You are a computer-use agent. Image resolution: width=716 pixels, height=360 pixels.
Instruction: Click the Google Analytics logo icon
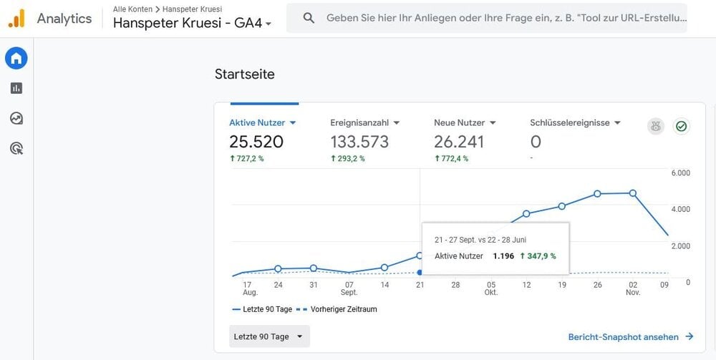point(16,19)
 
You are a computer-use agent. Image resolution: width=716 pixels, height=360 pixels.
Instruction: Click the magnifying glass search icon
point(309,19)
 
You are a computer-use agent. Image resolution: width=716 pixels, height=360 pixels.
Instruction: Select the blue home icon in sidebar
point(16,59)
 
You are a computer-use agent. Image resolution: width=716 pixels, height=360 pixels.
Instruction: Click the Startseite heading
point(245,74)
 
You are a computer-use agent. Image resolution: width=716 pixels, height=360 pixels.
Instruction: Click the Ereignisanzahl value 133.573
point(359,142)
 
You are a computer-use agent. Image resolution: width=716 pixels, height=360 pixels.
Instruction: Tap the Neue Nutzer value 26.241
point(459,142)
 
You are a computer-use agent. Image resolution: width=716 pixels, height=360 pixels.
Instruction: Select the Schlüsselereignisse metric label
point(571,122)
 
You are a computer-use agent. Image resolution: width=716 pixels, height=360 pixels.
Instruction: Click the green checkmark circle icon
point(682,127)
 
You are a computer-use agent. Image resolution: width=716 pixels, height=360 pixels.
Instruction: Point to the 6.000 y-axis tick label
point(680,173)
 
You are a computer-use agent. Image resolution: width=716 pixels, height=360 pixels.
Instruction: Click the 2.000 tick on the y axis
point(680,246)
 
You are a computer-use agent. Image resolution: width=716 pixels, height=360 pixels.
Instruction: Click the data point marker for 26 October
point(597,194)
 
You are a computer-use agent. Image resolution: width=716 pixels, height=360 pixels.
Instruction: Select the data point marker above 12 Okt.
point(526,213)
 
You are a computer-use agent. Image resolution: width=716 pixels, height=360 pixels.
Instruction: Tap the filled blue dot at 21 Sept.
point(420,273)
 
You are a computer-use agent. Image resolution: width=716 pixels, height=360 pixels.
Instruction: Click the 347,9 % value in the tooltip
point(538,256)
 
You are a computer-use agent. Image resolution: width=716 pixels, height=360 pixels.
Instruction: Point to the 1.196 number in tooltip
point(503,256)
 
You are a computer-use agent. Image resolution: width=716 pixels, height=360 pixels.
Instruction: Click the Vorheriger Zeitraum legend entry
point(337,309)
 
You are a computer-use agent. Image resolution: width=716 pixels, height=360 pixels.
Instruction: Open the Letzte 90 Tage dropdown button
point(269,336)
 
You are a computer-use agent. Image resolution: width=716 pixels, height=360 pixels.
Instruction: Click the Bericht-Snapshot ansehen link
point(631,336)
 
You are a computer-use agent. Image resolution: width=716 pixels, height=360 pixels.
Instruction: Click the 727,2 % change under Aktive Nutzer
point(246,159)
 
